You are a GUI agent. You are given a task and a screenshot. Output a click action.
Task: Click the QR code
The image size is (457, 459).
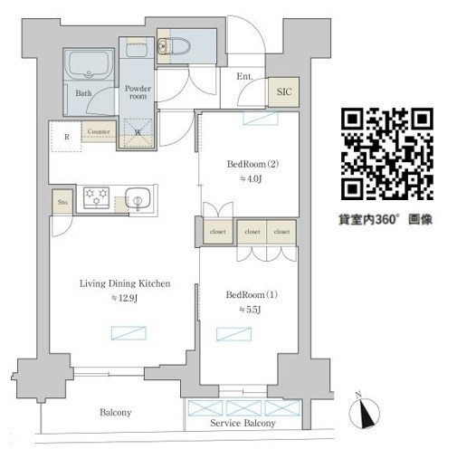(387, 154)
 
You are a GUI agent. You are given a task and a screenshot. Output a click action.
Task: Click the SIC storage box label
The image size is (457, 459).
(282, 92)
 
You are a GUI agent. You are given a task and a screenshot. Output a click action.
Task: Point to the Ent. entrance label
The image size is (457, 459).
(245, 77)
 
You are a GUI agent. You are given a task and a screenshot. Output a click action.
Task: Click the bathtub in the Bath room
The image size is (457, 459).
(85, 66)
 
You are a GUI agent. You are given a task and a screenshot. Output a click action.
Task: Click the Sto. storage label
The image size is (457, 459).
(62, 201)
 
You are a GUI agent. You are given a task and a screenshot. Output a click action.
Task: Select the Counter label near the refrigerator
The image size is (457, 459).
(100, 132)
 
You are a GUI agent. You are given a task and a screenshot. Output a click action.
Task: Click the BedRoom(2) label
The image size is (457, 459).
(246, 165)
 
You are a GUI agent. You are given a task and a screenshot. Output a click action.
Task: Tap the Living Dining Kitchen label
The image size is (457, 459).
(124, 282)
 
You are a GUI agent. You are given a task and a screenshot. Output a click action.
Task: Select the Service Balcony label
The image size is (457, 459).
(243, 424)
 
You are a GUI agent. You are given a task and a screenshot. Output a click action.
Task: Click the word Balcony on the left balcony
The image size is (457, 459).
(115, 413)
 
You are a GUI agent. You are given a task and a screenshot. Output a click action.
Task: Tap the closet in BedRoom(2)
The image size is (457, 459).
(218, 232)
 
